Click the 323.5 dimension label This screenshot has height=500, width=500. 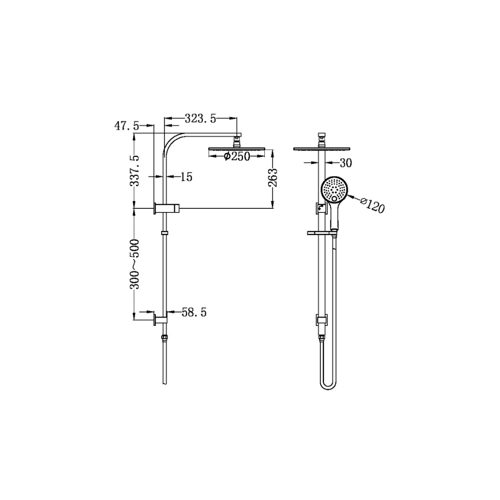pyautogui.click(x=200, y=119)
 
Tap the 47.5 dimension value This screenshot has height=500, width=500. pyautogui.click(x=126, y=126)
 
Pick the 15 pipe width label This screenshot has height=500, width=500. pyautogui.click(x=187, y=177)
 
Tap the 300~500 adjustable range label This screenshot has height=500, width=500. pyautogui.click(x=135, y=264)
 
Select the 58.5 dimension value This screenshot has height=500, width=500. pyautogui.click(x=194, y=312)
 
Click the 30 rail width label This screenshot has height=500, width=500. pyautogui.click(x=346, y=163)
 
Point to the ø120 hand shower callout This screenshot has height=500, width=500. pyautogui.click(x=372, y=205)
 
